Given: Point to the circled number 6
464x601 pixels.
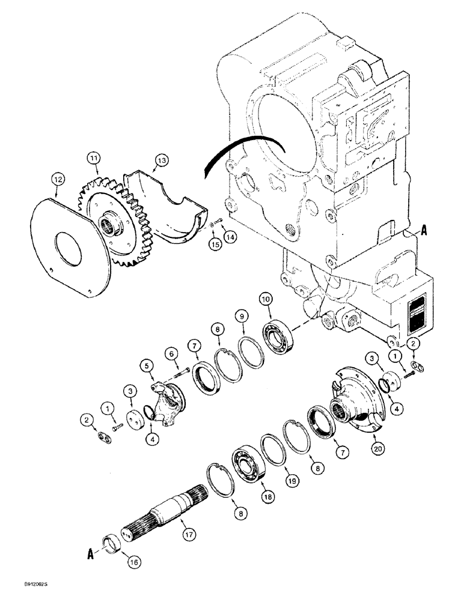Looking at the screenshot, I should (x=171, y=353).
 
